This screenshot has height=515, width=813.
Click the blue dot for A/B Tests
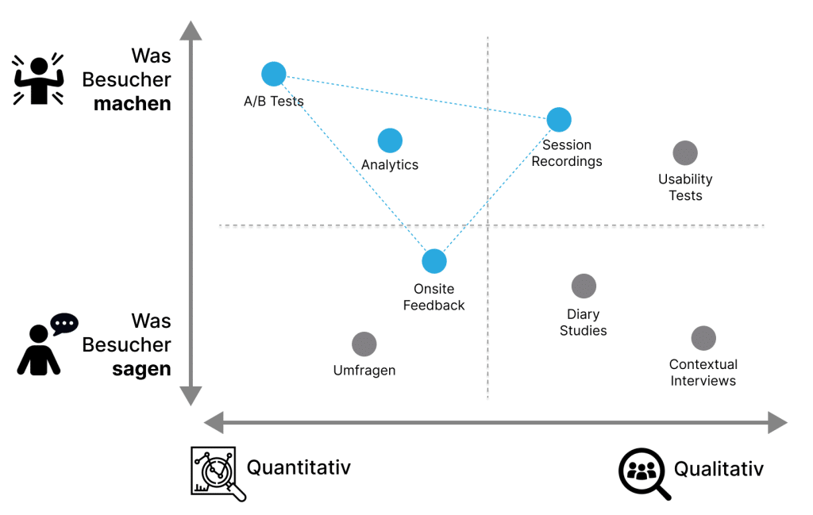point(273,74)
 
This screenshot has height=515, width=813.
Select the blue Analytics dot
point(390,140)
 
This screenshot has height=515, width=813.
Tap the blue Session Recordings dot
point(559,120)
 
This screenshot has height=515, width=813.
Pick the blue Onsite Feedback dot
point(434,260)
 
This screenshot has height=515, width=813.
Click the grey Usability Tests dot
point(685,153)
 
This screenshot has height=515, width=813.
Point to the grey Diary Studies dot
point(584,286)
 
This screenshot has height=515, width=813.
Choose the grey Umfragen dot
point(364,344)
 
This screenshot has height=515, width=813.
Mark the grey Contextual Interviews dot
point(703,338)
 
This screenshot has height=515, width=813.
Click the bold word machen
point(133,104)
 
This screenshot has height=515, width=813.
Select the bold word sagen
point(141,369)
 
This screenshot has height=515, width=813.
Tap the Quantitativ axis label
point(299,467)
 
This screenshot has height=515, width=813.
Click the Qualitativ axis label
point(719,469)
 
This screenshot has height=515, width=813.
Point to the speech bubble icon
point(64,323)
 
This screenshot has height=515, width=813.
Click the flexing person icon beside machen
point(37,79)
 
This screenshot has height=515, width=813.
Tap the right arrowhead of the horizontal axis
point(777,422)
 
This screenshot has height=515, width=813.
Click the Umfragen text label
point(364,371)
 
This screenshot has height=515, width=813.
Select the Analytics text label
point(390,165)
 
